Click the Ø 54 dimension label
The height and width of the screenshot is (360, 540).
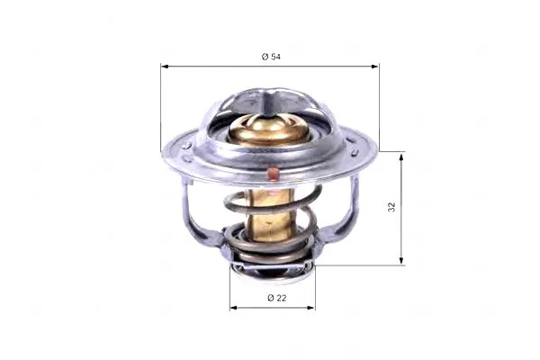pyautogui.click(x=271, y=57)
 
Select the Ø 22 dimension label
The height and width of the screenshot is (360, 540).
pyautogui.click(x=276, y=298)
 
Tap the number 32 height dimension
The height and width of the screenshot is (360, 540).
pyautogui.click(x=391, y=207)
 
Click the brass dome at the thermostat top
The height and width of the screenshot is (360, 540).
pyautogui.click(x=269, y=130)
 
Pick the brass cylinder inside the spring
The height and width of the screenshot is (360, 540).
pyautogui.click(x=271, y=214)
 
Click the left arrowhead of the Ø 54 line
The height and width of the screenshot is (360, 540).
pyautogui.click(x=165, y=66)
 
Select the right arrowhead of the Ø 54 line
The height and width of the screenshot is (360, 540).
pyautogui.click(x=375, y=66)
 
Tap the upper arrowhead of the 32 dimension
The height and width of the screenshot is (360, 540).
pyautogui.click(x=401, y=157)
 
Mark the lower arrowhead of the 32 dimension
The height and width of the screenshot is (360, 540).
pyautogui.click(x=401, y=260)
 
